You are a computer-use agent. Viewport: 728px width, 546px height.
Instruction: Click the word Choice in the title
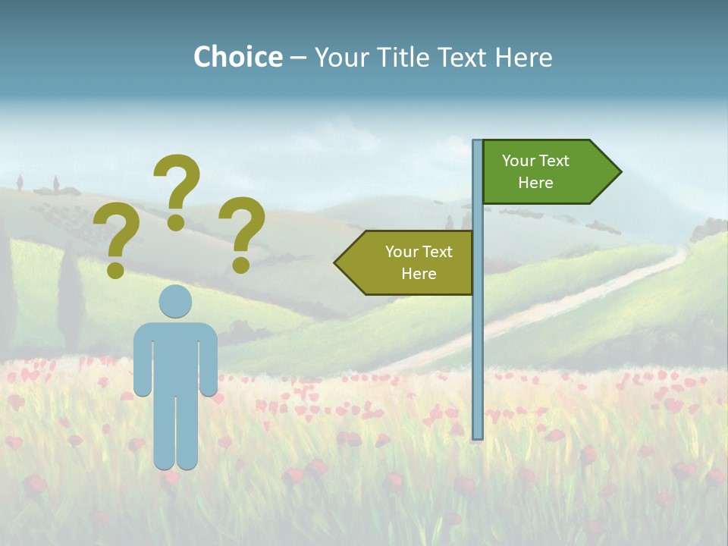pyautogui.click(x=238, y=57)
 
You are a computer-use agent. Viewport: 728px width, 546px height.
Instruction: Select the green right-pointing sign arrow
pyautogui.click(x=546, y=172)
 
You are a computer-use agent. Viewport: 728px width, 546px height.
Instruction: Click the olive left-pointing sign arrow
pyautogui.click(x=409, y=262)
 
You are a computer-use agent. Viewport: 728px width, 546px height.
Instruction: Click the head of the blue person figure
pyautogui.click(x=175, y=301)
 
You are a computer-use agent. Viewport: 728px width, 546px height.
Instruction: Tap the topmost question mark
pyautogui.click(x=177, y=191)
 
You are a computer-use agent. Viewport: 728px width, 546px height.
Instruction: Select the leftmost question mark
pyautogui.click(x=116, y=240)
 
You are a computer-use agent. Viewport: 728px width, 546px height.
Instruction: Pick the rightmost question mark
pyautogui.click(x=242, y=234)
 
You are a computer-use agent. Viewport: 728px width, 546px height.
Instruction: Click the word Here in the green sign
pyautogui.click(x=535, y=183)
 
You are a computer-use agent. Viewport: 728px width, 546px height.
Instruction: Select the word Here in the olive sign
pyautogui.click(x=419, y=274)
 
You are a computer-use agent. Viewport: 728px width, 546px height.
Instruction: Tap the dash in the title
pyautogui.click(x=298, y=58)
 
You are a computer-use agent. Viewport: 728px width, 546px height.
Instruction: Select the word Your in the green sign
pyautogui.click(x=519, y=161)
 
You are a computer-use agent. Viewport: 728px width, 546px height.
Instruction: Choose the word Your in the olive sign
pyautogui.click(x=402, y=252)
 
